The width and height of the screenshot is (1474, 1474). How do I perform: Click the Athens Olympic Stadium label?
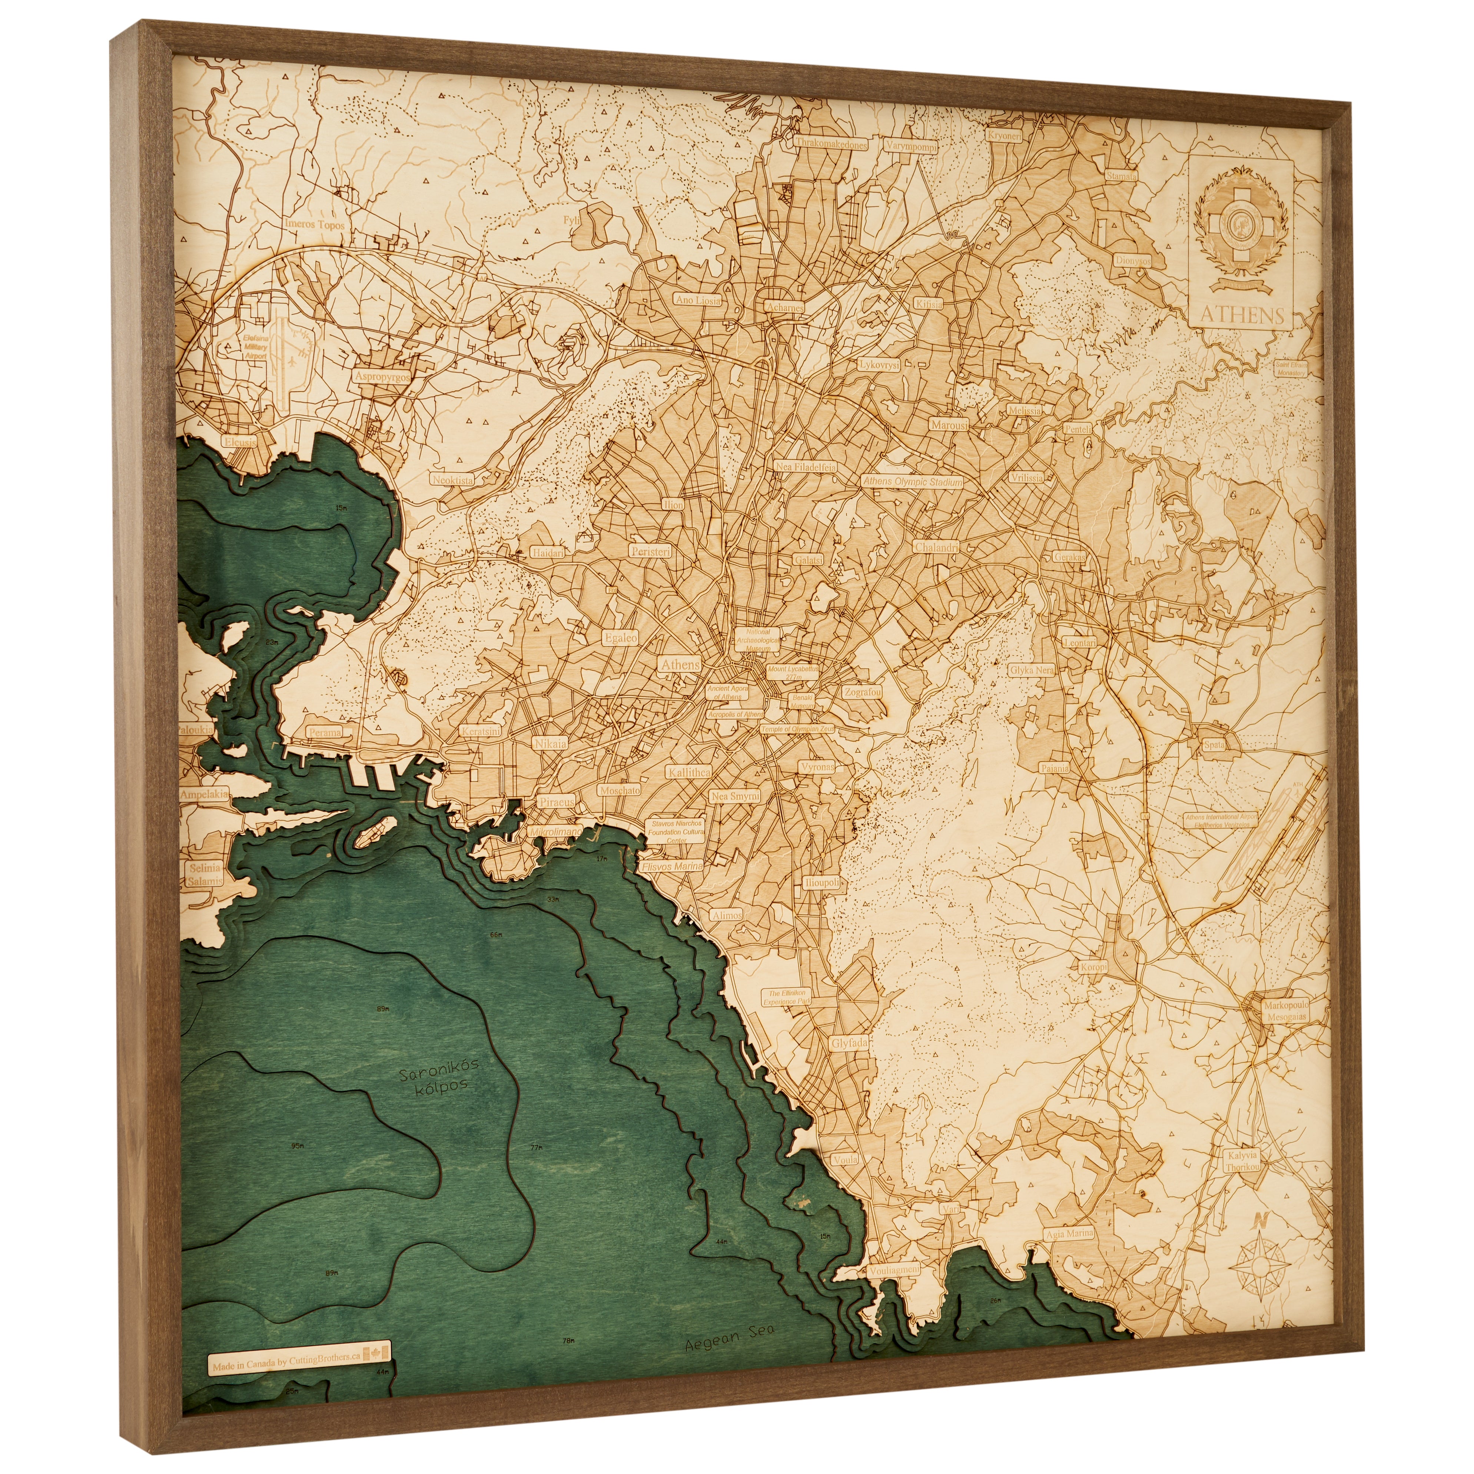click(912, 482)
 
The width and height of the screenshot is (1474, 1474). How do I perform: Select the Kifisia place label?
click(928, 303)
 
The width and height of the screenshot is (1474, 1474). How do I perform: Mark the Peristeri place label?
click(649, 550)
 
